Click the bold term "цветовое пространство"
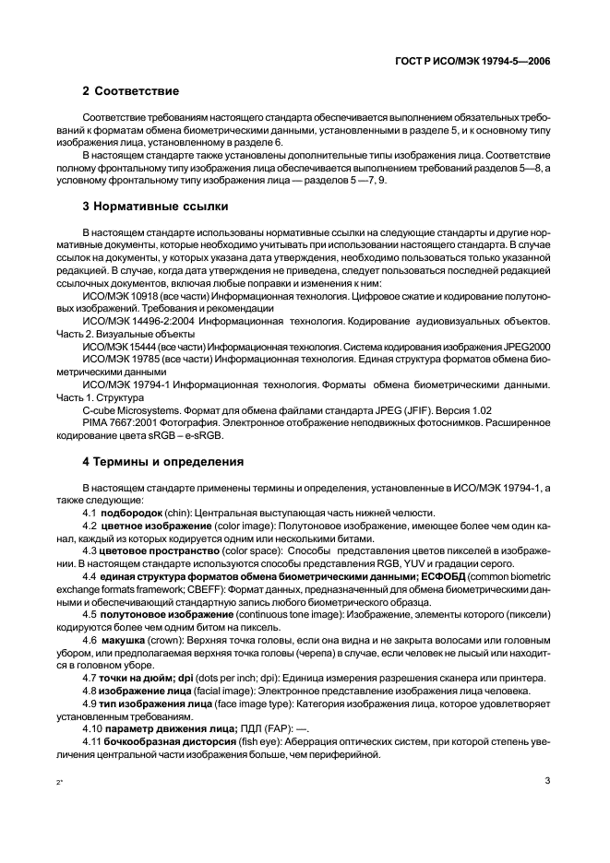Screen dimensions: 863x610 pos(152,551)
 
